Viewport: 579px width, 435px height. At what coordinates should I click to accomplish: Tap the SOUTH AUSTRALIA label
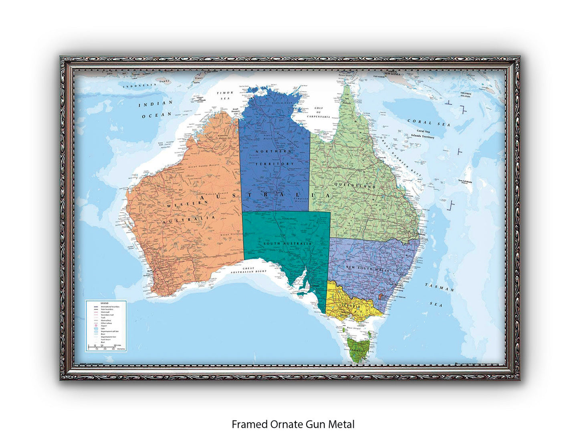[x=287, y=244]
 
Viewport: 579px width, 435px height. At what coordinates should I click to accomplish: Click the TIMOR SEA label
[x=225, y=96]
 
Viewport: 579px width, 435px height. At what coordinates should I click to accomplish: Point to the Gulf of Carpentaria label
[x=319, y=112]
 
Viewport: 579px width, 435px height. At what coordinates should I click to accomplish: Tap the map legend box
[x=106, y=326]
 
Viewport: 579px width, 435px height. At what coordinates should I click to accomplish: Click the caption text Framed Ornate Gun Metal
[x=293, y=424]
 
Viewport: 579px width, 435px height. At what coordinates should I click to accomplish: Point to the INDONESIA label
[x=139, y=85]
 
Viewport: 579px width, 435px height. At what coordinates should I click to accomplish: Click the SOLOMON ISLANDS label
[x=465, y=95]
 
